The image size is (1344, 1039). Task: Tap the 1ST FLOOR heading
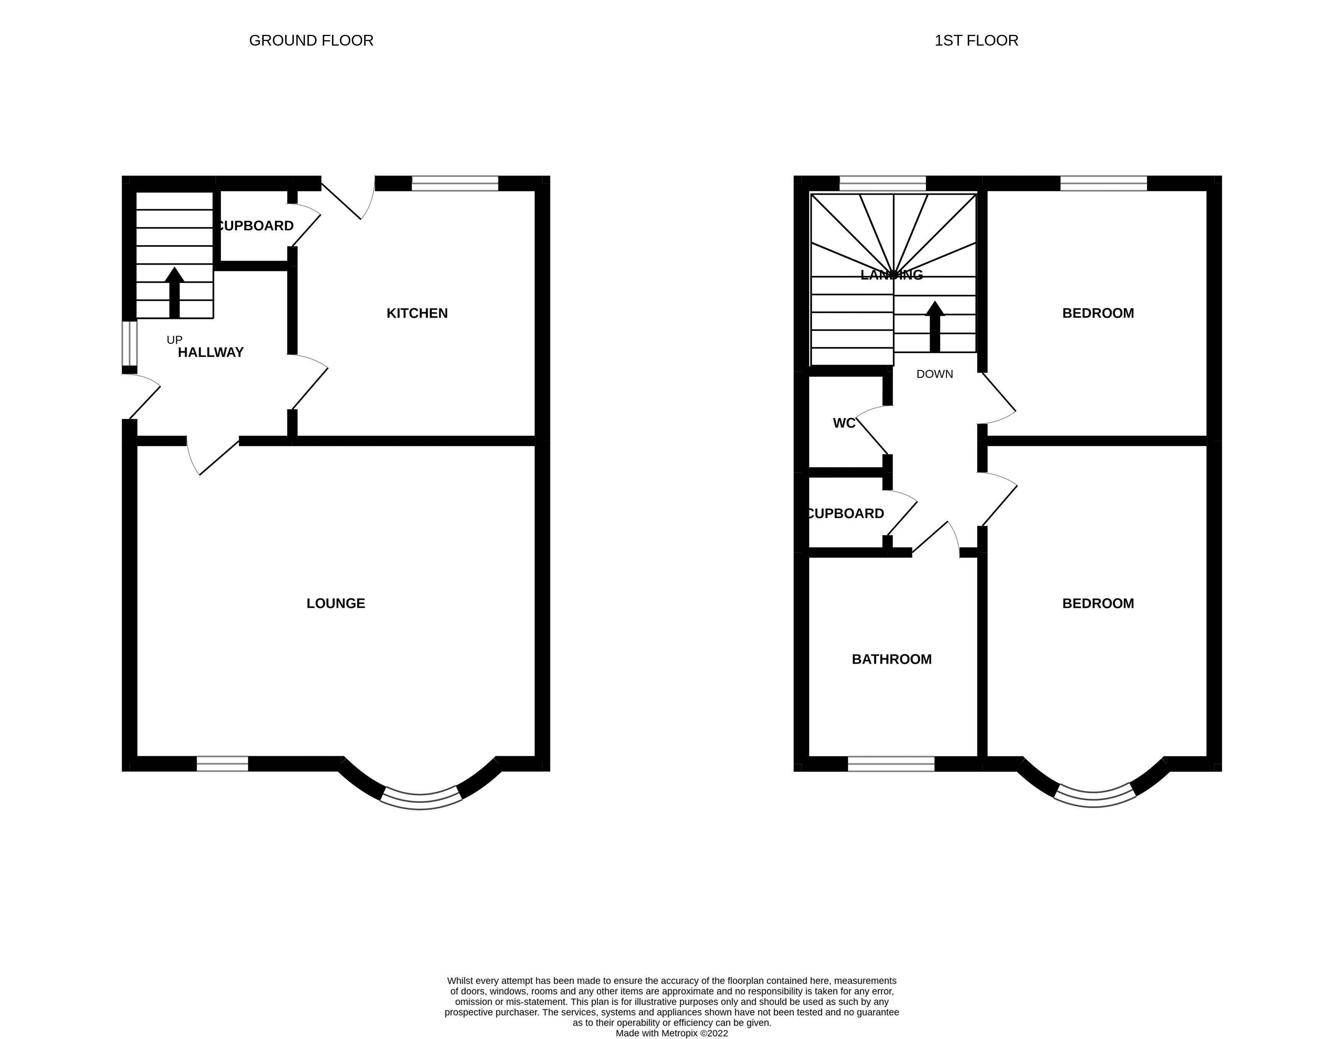coord(976,41)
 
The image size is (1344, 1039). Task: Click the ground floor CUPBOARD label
coord(255,226)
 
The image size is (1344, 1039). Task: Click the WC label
coord(844,423)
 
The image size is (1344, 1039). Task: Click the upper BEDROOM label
coord(1098,313)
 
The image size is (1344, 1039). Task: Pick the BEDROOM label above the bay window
coord(1098,603)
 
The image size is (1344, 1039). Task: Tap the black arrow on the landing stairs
coord(935,326)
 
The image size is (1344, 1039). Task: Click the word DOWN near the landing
coord(934,374)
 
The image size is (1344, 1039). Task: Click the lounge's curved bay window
coord(421,798)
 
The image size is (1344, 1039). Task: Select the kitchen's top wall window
coord(455,184)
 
